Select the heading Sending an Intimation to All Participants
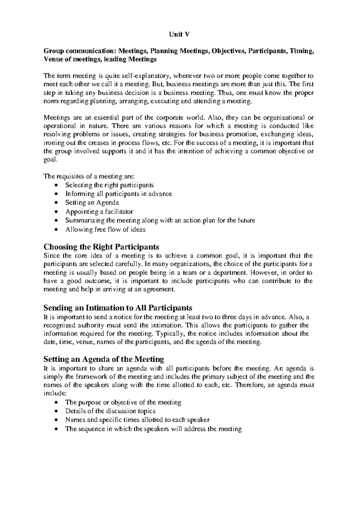click(x=118, y=308)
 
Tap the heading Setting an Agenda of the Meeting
click(x=103, y=359)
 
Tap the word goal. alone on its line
click(x=50, y=160)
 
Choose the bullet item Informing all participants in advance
click(x=118, y=194)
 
